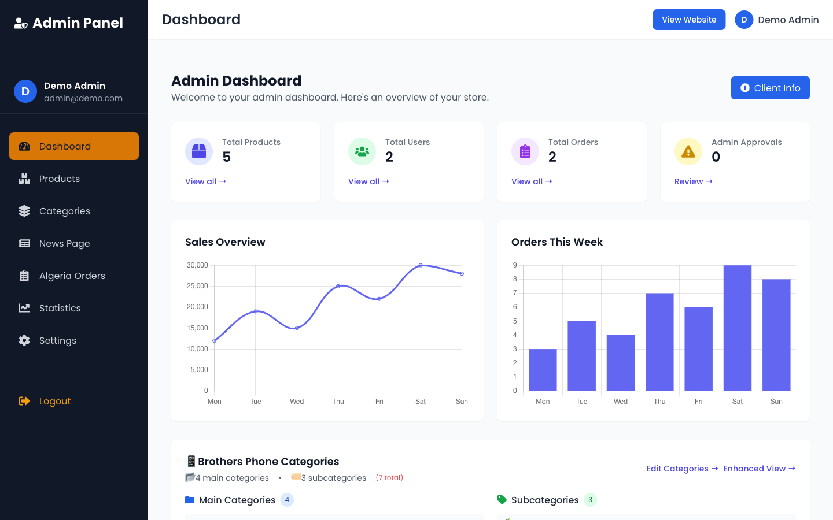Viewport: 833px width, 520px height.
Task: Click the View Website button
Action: coord(688,20)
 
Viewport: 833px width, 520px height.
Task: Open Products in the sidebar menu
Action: coord(59,179)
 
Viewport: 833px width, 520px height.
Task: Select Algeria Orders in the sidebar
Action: coord(72,276)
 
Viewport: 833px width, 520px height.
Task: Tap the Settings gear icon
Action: coord(24,340)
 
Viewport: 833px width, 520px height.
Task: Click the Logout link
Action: coord(54,401)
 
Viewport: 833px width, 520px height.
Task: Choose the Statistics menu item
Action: coord(60,309)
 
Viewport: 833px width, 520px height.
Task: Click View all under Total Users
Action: coord(368,181)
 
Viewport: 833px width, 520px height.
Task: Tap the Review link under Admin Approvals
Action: coord(693,181)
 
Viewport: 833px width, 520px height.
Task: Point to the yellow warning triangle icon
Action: coord(688,151)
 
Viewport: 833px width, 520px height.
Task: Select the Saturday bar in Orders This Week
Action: coord(737,328)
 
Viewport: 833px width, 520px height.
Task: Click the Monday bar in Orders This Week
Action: coord(543,370)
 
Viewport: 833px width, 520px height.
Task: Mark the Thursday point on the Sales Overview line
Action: coord(338,286)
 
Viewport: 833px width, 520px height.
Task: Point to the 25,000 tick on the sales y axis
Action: coord(197,286)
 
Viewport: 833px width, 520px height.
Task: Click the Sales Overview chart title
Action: coord(225,242)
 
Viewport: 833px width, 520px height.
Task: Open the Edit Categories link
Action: coord(682,469)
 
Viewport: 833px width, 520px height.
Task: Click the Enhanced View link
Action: coord(759,469)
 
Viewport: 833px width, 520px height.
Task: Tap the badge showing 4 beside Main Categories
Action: coord(287,500)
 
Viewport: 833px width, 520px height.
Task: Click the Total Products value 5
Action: coord(227,157)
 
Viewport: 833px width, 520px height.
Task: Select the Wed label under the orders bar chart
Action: coord(620,402)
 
